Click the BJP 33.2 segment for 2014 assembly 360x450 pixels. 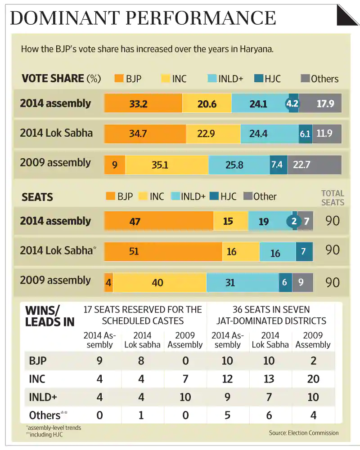click(x=143, y=103)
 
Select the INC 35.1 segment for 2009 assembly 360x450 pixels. click(x=166, y=165)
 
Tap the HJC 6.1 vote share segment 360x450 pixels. click(x=305, y=134)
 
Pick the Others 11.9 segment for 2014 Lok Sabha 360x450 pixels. click(x=327, y=134)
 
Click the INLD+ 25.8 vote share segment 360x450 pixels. click(x=238, y=165)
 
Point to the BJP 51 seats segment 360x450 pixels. click(x=163, y=252)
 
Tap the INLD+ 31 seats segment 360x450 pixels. click(x=242, y=283)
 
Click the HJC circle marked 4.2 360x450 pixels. click(x=292, y=104)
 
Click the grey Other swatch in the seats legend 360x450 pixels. click(x=247, y=196)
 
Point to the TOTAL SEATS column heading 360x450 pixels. click(x=333, y=198)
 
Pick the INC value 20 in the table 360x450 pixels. click(x=313, y=379)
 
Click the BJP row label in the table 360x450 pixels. click(x=37, y=361)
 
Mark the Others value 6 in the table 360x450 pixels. click(x=269, y=415)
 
